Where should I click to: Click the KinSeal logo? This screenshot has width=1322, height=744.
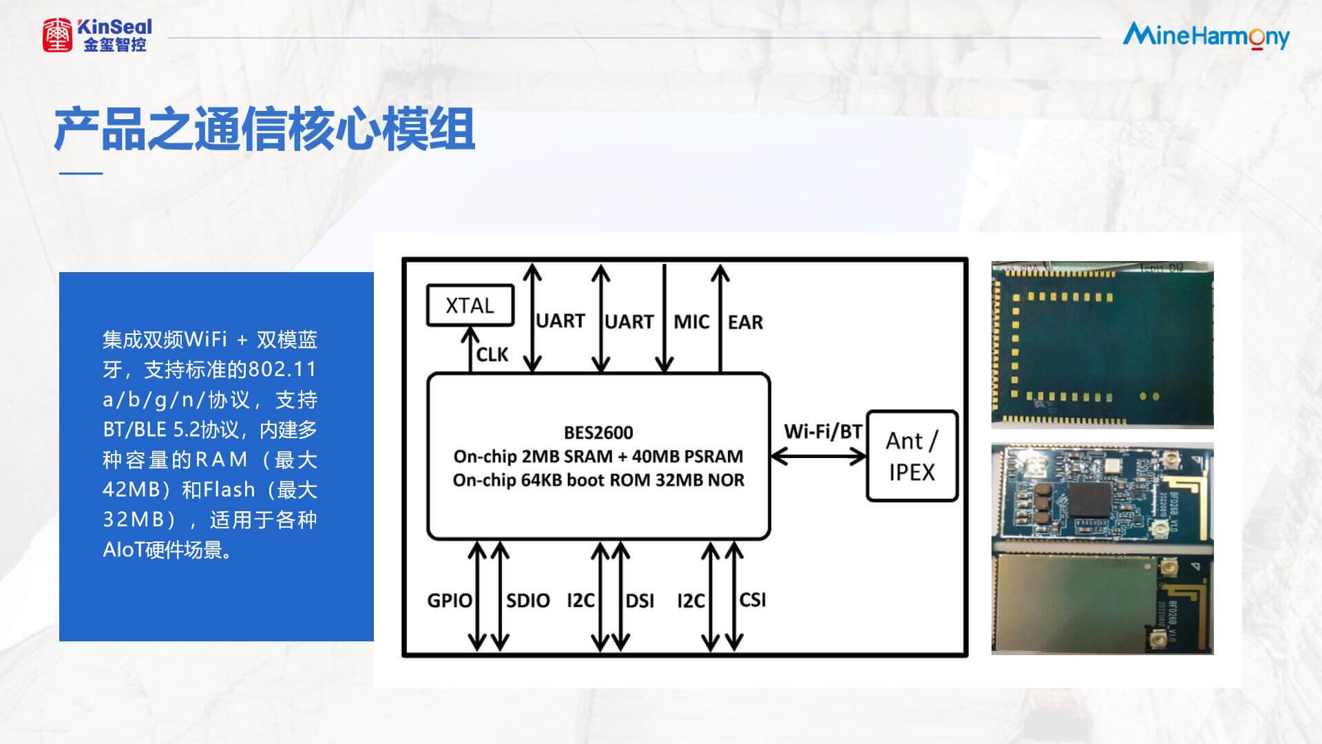[96, 34]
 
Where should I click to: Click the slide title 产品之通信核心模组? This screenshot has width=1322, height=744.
[264, 130]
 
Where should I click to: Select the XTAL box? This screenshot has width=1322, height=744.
[470, 305]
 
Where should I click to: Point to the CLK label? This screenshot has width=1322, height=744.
[492, 355]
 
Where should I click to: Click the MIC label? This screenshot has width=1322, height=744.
[691, 322]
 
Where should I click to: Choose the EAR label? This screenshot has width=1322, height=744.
[745, 322]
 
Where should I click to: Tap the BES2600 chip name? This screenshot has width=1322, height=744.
[598, 433]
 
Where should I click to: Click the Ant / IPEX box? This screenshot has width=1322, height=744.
[912, 456]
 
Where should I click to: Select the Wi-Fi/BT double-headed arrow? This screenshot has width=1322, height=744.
[818, 456]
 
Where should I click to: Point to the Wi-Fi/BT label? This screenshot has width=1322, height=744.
[823, 432]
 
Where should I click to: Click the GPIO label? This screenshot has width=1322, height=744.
[450, 601]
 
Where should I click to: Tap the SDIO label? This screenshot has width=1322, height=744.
[528, 601]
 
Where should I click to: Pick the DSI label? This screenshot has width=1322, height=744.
[640, 601]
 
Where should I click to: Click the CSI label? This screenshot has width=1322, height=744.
[753, 600]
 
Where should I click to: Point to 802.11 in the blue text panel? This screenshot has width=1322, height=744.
[282, 370]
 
